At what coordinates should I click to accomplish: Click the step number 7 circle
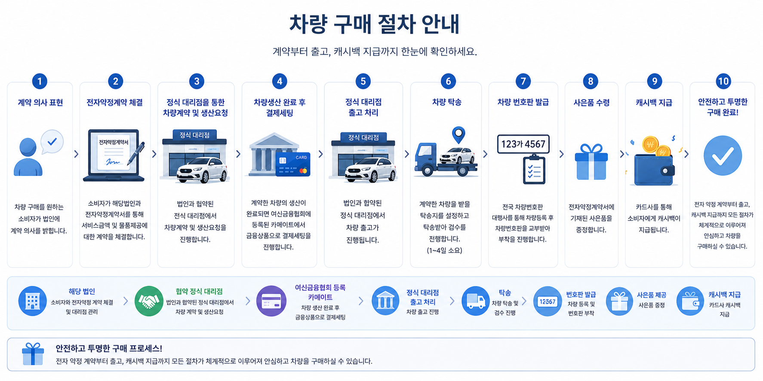click(x=523, y=81)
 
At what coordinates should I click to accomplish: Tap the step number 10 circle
click(x=723, y=81)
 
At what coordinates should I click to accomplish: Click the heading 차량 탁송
click(x=446, y=102)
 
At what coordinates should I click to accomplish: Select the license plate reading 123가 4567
click(x=523, y=144)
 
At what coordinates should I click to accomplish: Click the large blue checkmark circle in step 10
click(x=723, y=155)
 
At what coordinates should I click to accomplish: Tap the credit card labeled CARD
click(x=293, y=164)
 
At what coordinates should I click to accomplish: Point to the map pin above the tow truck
click(x=458, y=134)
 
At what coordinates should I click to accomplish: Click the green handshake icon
click(x=149, y=301)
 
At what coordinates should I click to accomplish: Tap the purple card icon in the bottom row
click(x=271, y=301)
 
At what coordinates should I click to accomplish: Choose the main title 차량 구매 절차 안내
click(x=375, y=24)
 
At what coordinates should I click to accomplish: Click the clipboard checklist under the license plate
click(x=534, y=170)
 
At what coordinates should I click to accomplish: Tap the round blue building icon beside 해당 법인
click(x=33, y=301)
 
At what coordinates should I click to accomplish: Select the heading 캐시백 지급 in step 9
click(x=654, y=103)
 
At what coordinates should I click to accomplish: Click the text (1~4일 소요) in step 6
click(x=444, y=250)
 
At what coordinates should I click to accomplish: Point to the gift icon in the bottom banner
click(x=33, y=354)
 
